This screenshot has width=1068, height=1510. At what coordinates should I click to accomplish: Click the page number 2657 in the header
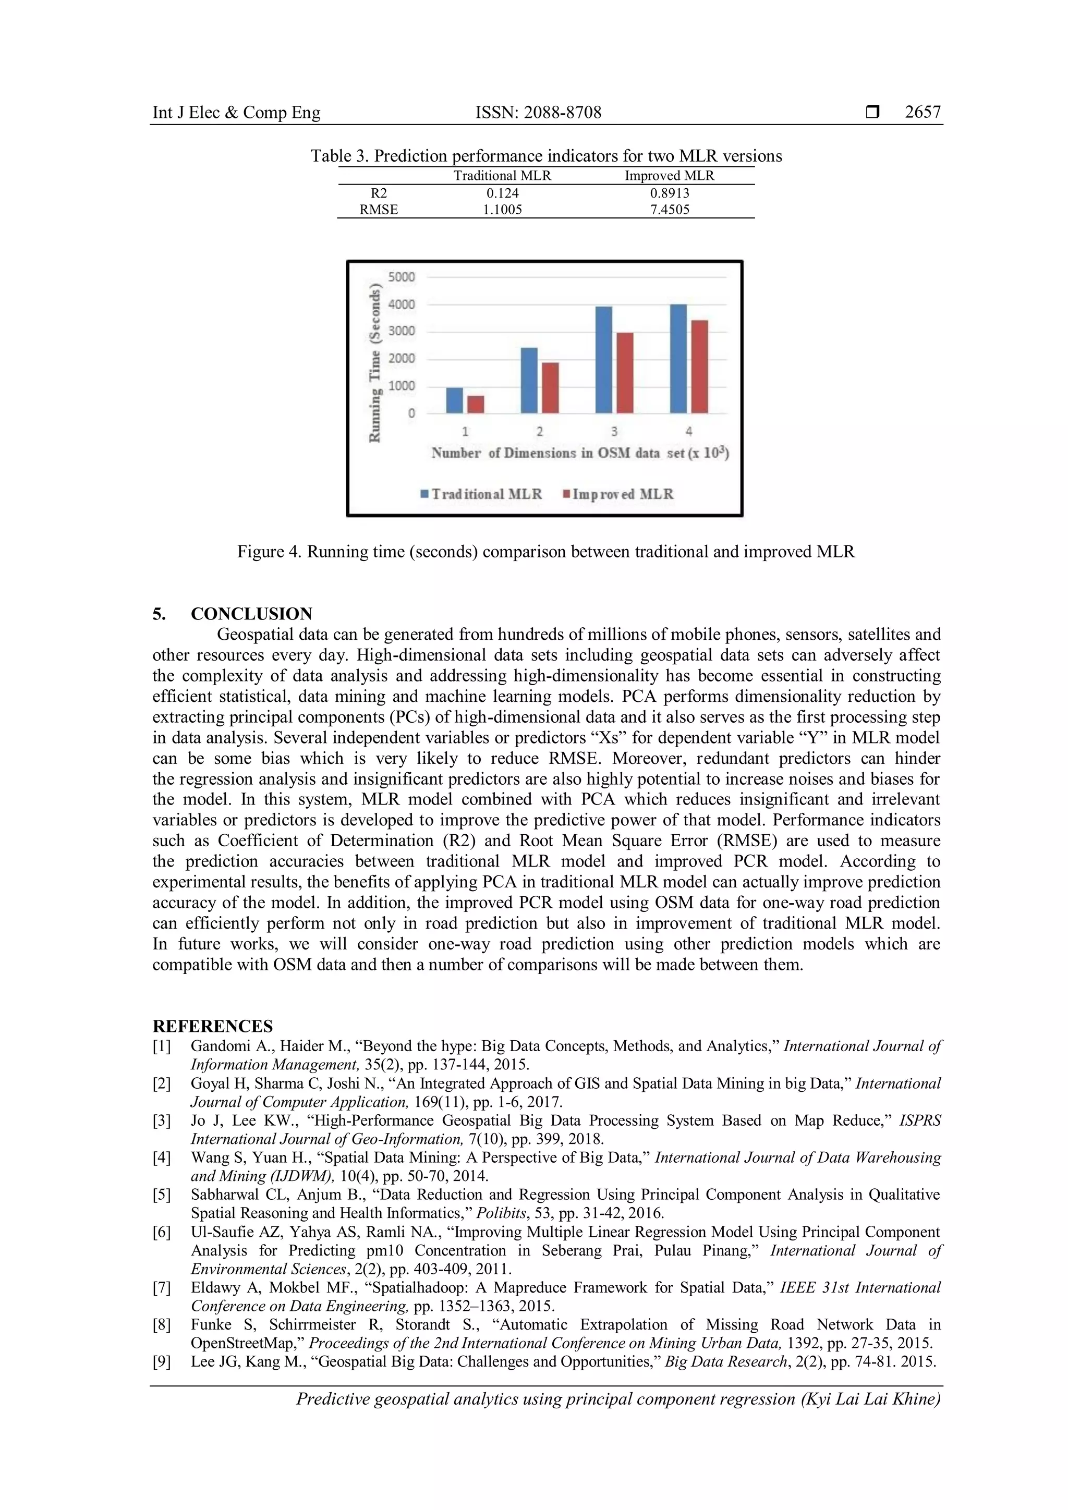(922, 113)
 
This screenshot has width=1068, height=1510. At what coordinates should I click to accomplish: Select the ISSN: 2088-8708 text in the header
(538, 113)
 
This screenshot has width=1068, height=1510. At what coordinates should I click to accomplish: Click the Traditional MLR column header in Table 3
(502, 176)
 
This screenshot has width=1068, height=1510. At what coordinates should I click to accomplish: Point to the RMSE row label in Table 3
(378, 210)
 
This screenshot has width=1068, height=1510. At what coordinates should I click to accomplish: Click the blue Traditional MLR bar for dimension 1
(454, 400)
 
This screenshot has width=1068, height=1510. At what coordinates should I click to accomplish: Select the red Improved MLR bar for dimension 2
(551, 388)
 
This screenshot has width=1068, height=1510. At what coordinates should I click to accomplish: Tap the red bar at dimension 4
(700, 367)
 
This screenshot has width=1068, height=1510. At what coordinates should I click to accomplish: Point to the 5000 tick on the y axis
(402, 277)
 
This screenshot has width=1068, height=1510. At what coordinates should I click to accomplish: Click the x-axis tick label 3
(614, 431)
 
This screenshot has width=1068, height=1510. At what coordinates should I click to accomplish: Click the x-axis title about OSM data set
(580, 453)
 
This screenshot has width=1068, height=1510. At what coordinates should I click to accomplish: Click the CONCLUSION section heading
(251, 614)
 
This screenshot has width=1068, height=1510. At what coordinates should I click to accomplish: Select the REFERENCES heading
(212, 1026)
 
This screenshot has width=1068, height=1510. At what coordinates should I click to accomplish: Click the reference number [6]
(162, 1232)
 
